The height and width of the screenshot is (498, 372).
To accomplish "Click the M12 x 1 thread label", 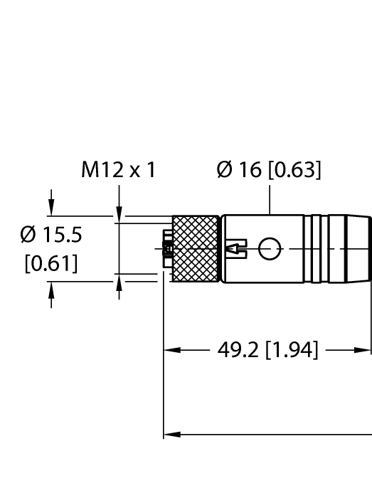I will coord(118,170).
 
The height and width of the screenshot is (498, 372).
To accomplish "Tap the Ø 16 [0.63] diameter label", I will coord(269,170).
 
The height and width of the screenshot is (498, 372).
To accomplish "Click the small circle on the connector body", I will coord(269,248).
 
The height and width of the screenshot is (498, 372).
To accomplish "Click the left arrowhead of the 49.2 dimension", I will coord(171,351).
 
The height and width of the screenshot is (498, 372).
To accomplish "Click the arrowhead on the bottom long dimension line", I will coord(171,433).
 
